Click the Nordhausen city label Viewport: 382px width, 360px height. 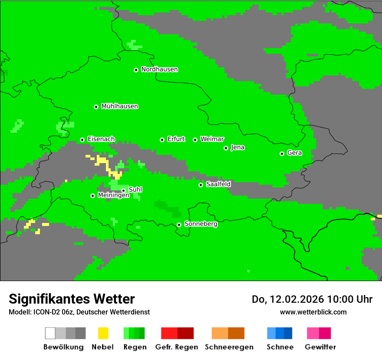159,69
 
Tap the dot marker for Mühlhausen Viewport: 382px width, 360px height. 96,107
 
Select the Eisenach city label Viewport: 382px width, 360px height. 101,139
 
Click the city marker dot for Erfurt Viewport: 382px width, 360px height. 162,140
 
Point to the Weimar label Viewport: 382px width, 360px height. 212,139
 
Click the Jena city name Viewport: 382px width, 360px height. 237,147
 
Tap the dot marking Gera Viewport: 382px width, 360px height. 282,154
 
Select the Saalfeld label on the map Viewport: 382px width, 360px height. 218,184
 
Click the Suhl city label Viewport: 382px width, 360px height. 135,190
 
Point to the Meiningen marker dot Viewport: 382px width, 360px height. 92,196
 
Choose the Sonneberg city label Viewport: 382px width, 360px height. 201,224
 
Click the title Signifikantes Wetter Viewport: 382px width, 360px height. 72,299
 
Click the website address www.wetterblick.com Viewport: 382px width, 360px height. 313,312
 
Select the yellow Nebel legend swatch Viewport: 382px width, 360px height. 103,333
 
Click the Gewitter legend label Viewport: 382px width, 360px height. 320,347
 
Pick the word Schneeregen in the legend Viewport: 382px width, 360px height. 229,347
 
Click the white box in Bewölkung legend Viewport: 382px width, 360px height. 50,333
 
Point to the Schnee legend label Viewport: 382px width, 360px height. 280,347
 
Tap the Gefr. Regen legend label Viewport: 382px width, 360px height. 176,347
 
